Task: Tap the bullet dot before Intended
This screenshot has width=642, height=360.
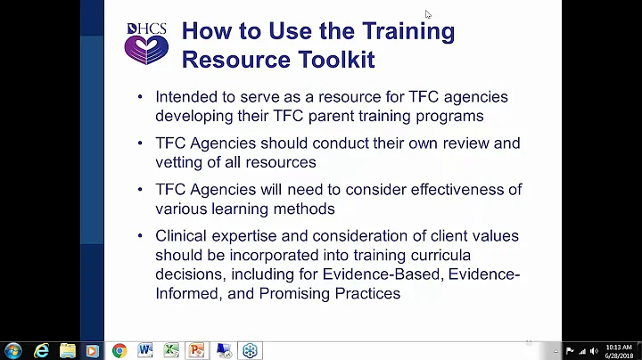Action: [x=141, y=97]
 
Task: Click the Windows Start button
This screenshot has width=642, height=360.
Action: [x=13, y=350]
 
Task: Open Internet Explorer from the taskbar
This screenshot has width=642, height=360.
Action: [x=41, y=350]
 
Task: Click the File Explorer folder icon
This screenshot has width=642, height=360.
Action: [x=66, y=350]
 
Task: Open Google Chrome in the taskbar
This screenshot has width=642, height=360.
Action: [x=119, y=350]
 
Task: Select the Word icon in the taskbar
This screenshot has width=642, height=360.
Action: [x=145, y=350]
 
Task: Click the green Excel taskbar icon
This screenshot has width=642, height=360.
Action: [x=171, y=350]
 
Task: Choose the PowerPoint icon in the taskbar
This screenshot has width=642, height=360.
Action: [x=197, y=350]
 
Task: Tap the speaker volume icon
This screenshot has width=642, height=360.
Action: [x=594, y=350]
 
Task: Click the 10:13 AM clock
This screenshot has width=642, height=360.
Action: [x=620, y=346]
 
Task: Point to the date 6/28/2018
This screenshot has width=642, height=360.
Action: [x=620, y=356]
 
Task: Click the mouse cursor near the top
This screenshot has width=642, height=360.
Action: [x=428, y=14]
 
